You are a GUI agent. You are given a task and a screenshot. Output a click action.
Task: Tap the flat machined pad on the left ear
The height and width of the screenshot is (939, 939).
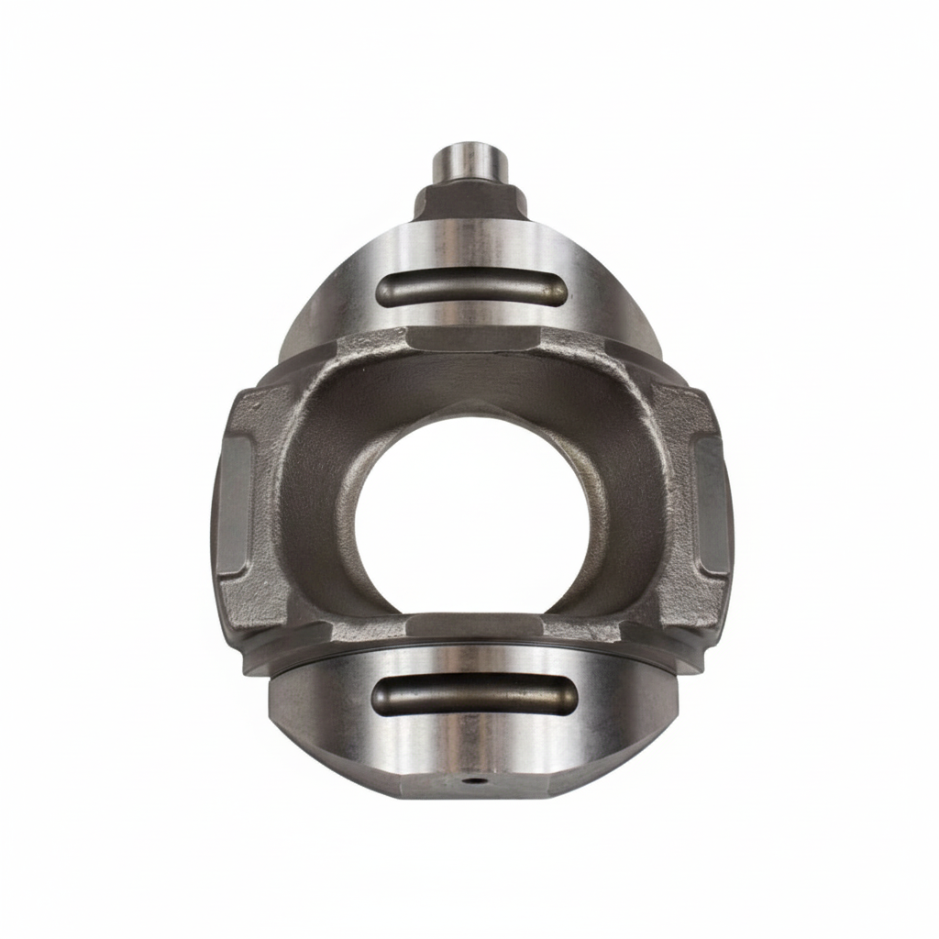coord(236,504)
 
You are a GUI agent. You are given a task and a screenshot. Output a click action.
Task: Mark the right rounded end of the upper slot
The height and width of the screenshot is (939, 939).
coord(556,291)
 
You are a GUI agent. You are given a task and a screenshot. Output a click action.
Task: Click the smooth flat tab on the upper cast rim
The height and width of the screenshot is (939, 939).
coord(470,340)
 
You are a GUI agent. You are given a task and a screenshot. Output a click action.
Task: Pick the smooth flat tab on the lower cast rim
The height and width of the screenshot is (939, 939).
coord(474,625)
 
